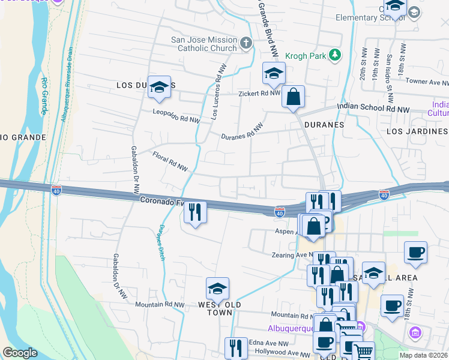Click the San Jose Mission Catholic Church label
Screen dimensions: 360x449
pyautogui.click(x=203, y=44)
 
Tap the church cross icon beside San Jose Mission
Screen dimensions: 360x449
pyautogui.click(x=246, y=43)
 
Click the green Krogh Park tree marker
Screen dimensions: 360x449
pyautogui.click(x=336, y=55)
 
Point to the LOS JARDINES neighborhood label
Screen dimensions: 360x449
pyautogui.click(x=417, y=131)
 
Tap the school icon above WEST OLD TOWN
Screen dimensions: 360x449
pyautogui.click(x=217, y=289)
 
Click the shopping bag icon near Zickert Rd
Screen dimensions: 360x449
pyautogui.click(x=293, y=97)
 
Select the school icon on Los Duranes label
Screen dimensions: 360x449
pyautogui.click(x=159, y=87)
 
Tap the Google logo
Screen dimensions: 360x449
pyautogui.click(x=20, y=353)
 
